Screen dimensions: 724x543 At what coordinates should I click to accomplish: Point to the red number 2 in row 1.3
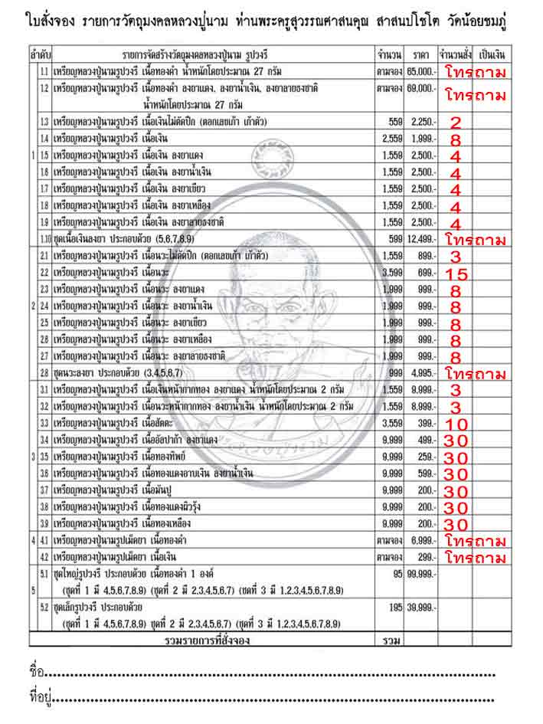[455, 123]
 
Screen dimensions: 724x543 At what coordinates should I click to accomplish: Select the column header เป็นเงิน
[489, 56]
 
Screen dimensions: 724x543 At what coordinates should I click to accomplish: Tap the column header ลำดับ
[40, 56]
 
